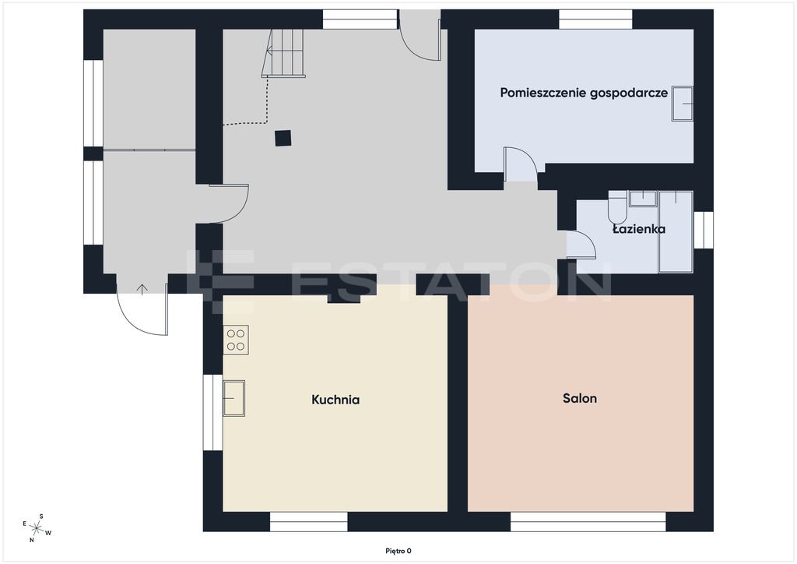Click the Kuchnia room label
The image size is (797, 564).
(335, 400)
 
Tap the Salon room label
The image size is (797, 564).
(579, 398)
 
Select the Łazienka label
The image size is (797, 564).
(639, 229)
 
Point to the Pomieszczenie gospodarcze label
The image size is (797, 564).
(584, 93)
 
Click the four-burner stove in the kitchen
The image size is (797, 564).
(235, 340)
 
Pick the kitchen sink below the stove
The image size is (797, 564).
(233, 398)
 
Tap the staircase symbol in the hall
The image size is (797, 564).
(283, 54)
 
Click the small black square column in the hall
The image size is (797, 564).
(283, 139)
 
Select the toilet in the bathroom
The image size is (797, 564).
(617, 207)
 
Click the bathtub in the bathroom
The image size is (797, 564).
(676, 231)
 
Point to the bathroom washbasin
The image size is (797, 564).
(643, 199)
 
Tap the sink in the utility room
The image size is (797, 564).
(682, 104)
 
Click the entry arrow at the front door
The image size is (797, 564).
(142, 289)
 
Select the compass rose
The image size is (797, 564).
(36, 528)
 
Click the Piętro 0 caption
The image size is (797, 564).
(398, 551)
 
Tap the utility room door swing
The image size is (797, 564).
(521, 164)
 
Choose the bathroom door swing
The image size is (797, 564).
(581, 245)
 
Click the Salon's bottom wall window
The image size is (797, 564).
(588, 522)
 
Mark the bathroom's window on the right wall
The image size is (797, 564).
(704, 230)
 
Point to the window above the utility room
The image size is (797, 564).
(595, 19)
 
